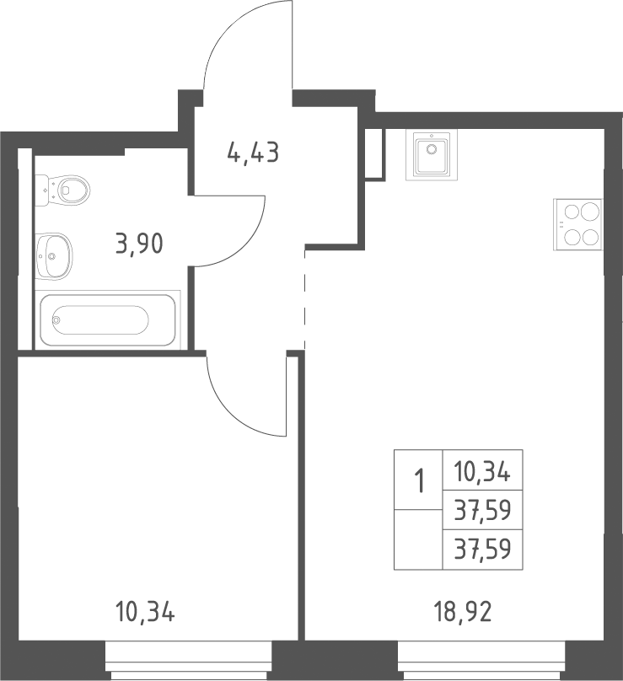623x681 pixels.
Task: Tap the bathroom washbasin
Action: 53,256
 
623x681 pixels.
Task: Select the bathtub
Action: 107,319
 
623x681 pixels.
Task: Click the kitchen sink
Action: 432,154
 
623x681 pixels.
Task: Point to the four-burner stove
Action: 577,224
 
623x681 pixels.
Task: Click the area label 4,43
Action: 253,153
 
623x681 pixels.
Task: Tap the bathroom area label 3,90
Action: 139,244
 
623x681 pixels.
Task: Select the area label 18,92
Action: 462,612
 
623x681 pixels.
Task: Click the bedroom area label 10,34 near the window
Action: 145,612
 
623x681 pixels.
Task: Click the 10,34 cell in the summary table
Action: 482,471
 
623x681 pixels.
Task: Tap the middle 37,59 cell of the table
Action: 482,511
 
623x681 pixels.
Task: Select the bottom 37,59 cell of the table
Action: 482,550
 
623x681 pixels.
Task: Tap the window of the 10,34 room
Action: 189,661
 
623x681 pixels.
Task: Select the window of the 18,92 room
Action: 481,661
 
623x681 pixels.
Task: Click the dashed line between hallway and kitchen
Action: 305,299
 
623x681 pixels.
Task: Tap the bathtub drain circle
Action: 56,320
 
